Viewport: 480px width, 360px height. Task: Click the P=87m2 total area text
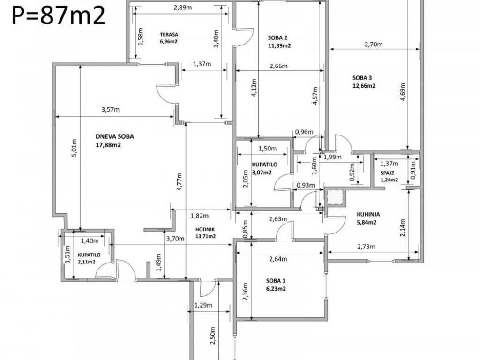click(x=59, y=15)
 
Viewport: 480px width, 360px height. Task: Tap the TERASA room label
click(x=169, y=35)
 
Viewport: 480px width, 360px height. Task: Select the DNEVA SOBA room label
click(x=115, y=136)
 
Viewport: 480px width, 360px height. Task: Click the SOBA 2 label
click(x=277, y=38)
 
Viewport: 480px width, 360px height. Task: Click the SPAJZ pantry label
click(x=387, y=173)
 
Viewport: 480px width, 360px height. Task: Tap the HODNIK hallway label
click(x=205, y=229)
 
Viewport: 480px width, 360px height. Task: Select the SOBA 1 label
click(x=276, y=281)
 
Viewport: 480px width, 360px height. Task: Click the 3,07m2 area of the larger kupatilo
click(x=262, y=172)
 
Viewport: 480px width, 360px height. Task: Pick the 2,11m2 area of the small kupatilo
click(x=87, y=262)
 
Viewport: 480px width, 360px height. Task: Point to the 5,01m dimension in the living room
click(x=75, y=149)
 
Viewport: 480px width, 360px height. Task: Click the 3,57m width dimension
click(x=111, y=110)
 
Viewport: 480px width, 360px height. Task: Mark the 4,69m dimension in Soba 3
click(x=403, y=92)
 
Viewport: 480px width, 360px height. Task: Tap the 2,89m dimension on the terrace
click(x=183, y=7)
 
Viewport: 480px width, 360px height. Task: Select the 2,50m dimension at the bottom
click(x=213, y=336)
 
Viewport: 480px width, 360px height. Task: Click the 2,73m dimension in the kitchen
click(x=366, y=247)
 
